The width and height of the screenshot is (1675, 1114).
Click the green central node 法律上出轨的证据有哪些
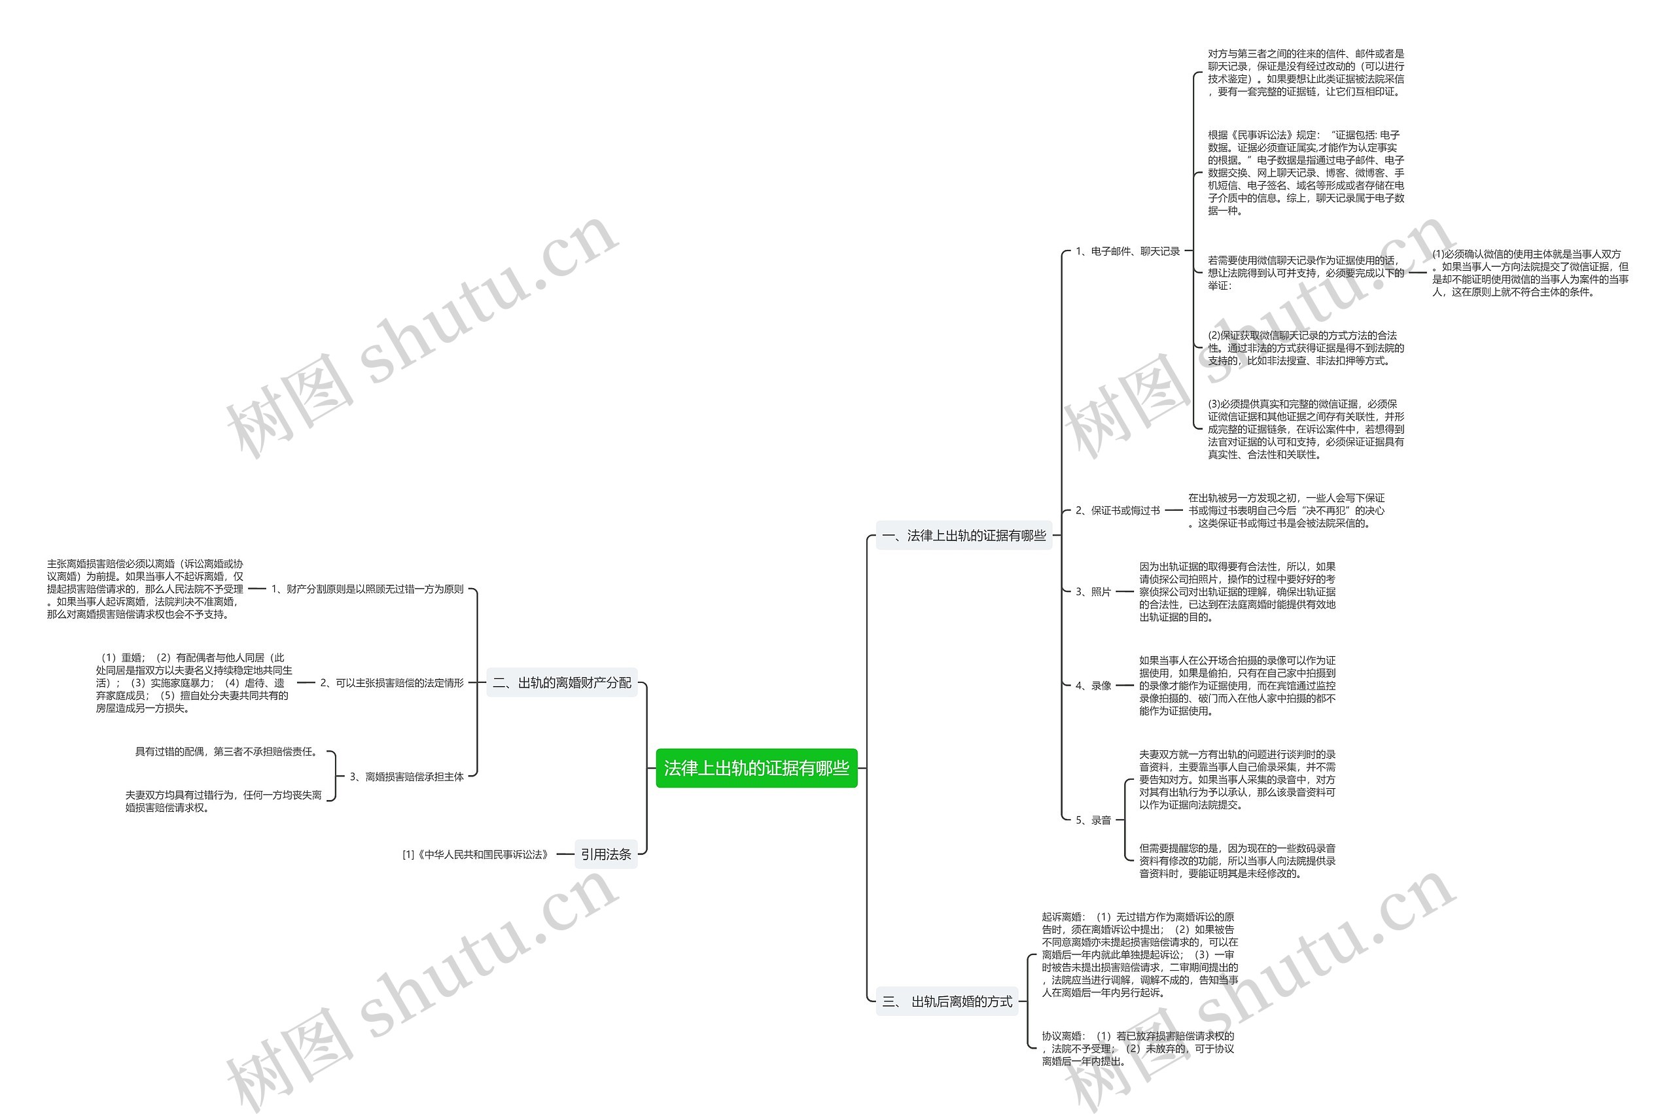pos(756,768)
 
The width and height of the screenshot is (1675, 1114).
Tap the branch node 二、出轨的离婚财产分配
pos(561,683)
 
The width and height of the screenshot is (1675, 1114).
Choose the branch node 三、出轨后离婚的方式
pos(947,1001)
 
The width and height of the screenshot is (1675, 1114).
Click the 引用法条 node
pos(605,854)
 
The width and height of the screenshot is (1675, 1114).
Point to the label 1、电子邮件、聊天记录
pos(1127,251)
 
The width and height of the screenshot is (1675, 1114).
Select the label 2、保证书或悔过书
pos(1117,510)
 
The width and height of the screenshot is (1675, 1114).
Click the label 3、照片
pos(1092,591)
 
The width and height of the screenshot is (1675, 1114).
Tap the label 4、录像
pos(1093,686)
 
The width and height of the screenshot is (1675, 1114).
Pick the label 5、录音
pos(1093,820)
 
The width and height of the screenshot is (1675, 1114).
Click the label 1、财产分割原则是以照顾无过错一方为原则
pos(368,589)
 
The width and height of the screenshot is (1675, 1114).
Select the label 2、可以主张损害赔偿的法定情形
pos(391,683)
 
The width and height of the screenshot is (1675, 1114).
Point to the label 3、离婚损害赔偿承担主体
pos(406,776)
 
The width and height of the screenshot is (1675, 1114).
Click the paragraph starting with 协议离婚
pos(1138,1048)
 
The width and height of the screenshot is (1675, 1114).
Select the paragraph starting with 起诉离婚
pos(1139,954)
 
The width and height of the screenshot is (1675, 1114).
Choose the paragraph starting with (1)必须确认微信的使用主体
pos(1529,273)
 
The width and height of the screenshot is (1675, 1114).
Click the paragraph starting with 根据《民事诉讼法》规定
pos(1305,173)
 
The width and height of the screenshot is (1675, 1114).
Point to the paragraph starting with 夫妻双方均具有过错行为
pos(223,801)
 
